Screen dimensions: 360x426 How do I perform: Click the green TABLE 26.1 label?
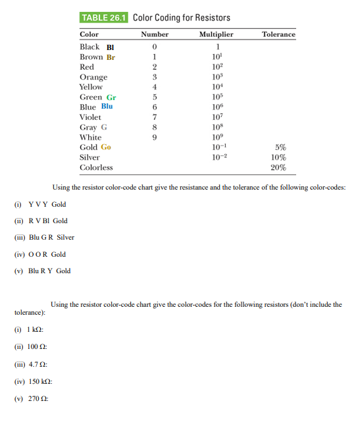(x=105, y=17)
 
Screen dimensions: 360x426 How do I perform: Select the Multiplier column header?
(x=215, y=34)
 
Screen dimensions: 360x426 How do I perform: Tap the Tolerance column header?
(x=278, y=34)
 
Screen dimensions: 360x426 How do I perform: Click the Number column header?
(x=155, y=34)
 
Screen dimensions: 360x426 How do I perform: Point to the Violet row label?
(x=90, y=117)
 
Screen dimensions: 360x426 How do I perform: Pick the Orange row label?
(x=93, y=77)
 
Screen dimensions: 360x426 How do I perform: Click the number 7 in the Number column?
(x=154, y=117)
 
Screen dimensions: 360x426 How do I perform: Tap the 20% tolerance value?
(x=278, y=168)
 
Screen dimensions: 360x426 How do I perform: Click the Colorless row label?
(x=95, y=168)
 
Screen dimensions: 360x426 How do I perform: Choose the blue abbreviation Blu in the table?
(x=107, y=107)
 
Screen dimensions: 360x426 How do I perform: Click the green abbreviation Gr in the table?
(x=111, y=97)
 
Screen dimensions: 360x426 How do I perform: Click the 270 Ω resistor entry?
(x=36, y=398)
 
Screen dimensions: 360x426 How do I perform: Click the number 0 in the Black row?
(x=154, y=47)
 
